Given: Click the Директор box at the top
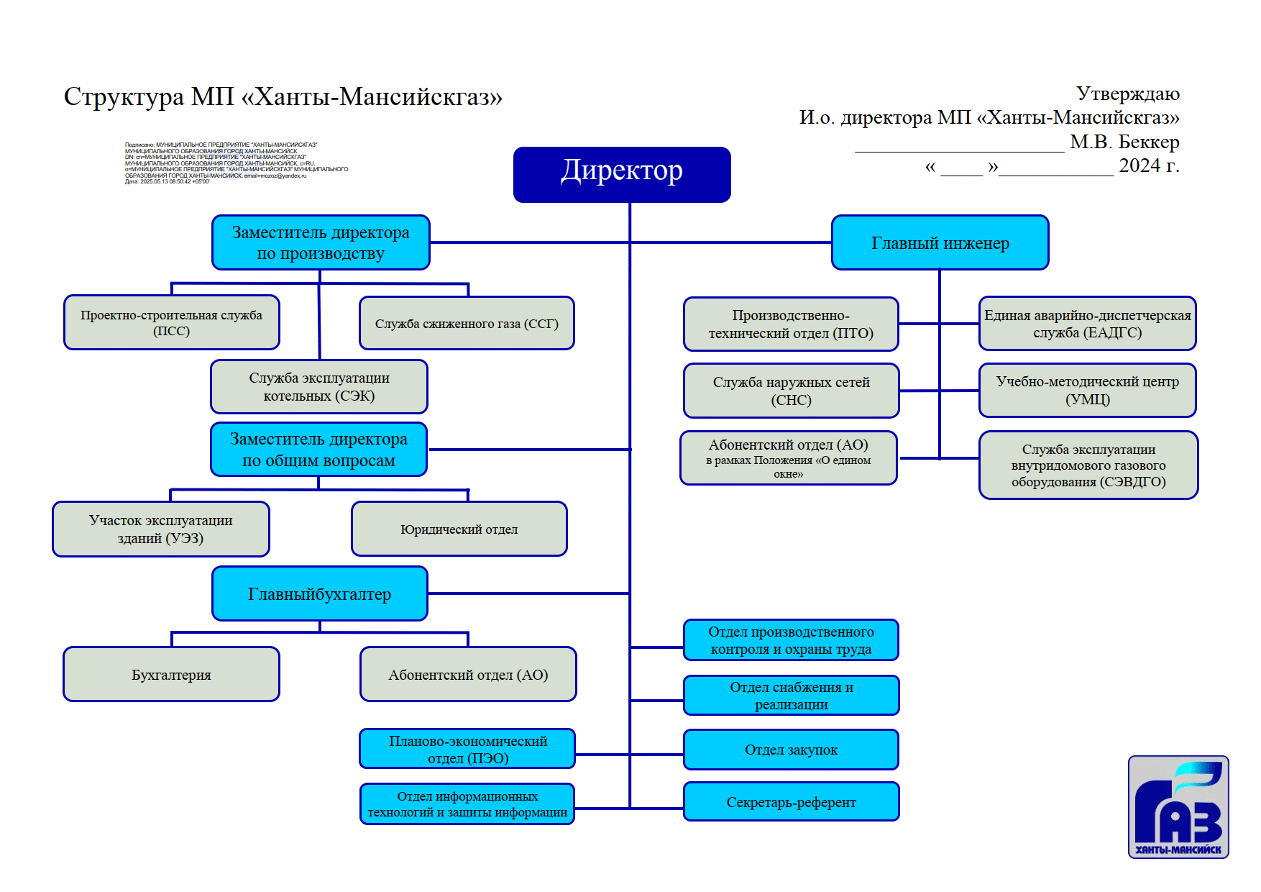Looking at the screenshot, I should pos(622,174).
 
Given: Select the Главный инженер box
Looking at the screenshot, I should pos(940,243).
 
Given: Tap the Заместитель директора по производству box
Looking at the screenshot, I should pos(321,243).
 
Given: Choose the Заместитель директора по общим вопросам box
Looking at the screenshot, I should pos(318,450).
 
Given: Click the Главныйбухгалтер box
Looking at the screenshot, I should pos(320,594).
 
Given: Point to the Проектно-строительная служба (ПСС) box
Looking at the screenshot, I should pos(171,323).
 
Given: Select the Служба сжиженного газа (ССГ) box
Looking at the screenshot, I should pos(467,324).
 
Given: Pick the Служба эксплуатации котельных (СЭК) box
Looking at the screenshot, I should pos(319,387).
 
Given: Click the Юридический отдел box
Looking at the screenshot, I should pos(459,529).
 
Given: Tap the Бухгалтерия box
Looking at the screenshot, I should pos(171,675).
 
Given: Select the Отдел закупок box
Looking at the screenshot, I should pos(791,750).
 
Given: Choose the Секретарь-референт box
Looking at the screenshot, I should pos(791,802).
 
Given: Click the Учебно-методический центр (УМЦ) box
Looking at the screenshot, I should pos(1087,391).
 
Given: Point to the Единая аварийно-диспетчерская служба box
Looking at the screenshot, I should pos(1087,324).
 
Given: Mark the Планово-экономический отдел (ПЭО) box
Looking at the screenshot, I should pos(467,750).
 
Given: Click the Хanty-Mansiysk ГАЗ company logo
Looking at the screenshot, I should pos(1178,807).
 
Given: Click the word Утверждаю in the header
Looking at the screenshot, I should pos(1127,94).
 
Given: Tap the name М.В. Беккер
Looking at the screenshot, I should pos(1124,142).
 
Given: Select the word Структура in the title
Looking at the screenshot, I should pos(124,96).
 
